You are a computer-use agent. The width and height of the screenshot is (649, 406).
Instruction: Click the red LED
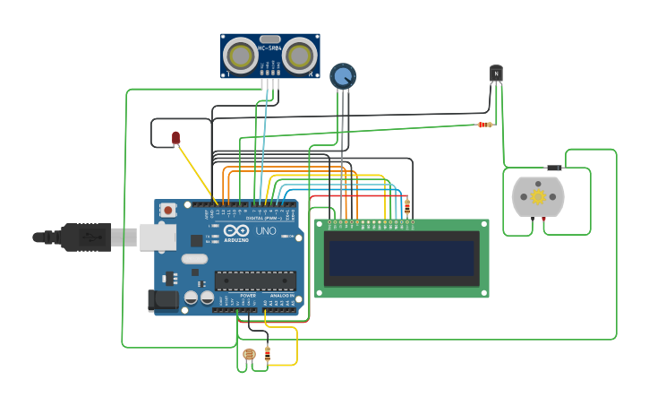pos(175,137)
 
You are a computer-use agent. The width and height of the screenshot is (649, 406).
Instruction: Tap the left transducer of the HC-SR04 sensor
pos(240,56)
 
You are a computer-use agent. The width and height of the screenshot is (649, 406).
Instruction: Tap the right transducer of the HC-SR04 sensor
pos(300,56)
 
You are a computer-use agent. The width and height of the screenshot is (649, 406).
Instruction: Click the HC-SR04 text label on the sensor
pos(269,48)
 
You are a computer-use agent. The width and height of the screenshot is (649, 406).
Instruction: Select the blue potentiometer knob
pos(342,75)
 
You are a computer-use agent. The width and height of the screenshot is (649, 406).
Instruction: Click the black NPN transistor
pos(496,73)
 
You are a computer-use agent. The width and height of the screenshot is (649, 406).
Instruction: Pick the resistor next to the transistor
pos(484,125)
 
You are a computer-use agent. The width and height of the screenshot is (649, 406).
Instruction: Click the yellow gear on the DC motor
pos(538,196)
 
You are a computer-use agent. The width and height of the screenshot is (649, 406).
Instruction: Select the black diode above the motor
pos(554,168)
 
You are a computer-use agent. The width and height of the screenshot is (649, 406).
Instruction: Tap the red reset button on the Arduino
pos(167,210)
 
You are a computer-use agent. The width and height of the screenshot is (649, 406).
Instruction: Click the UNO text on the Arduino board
pos(266,230)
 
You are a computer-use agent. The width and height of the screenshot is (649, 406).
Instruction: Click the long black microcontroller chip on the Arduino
pos(254,281)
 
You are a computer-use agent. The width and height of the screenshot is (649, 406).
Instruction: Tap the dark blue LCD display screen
pos(401,258)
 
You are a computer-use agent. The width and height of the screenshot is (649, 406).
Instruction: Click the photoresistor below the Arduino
pos(249,356)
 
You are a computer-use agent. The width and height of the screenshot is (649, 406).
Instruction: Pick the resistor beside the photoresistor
pos(268,354)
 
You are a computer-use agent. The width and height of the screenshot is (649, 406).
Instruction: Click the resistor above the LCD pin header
pos(408,206)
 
